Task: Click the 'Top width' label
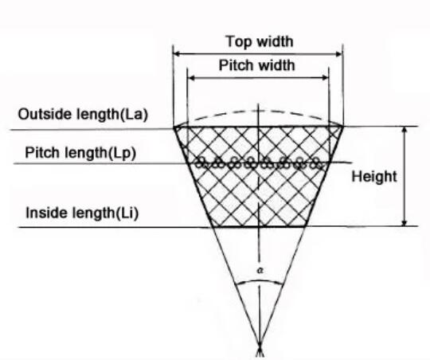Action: point(260,41)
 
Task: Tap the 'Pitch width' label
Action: point(257,65)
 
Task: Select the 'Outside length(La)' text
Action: point(83,114)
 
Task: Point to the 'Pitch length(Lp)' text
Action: point(80,153)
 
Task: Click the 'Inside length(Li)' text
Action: point(82,213)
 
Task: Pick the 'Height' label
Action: point(374,177)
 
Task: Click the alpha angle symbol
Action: point(260,271)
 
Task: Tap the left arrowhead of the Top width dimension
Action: point(177,54)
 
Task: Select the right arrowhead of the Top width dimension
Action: point(339,54)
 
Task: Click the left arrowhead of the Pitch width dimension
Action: point(191,78)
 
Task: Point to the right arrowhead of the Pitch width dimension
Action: point(325,78)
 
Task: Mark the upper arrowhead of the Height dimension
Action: point(405,130)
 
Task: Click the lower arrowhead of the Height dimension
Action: point(405,222)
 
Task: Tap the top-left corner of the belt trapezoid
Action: point(174,127)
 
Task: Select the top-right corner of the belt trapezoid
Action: point(342,126)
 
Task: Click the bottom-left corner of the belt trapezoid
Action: point(213,227)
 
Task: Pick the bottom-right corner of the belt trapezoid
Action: point(306,226)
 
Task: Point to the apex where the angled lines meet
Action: point(260,345)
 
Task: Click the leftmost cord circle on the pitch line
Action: point(201,162)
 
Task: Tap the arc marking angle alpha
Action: point(259,280)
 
